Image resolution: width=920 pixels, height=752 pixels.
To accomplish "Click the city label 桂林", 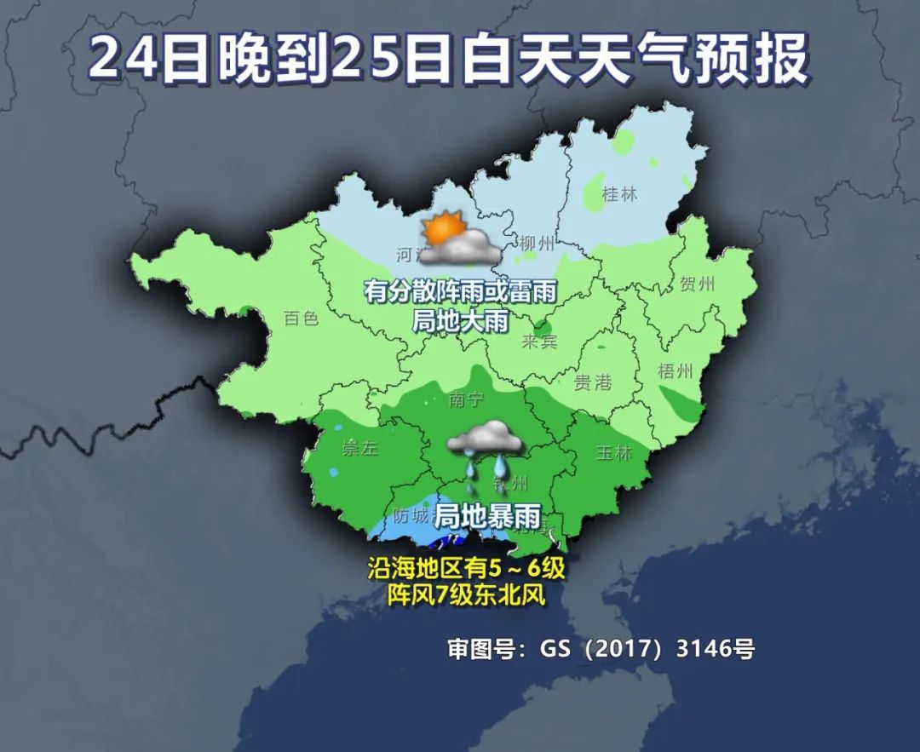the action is (x=619, y=194).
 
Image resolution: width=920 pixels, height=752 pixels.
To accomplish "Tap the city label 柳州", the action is (x=537, y=244).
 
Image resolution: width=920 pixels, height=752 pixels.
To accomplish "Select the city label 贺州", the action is (x=698, y=284).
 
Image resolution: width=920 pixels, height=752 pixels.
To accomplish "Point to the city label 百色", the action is (x=301, y=319).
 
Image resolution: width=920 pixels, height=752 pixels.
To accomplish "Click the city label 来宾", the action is (x=539, y=342).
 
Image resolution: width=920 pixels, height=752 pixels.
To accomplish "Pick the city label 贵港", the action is (x=593, y=382).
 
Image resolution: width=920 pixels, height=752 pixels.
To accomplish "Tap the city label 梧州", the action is (x=676, y=371).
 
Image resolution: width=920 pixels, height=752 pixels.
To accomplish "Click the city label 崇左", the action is (x=359, y=449).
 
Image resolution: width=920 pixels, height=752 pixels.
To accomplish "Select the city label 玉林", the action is (x=613, y=452).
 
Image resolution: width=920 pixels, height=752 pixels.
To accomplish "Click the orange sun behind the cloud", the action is (x=443, y=229).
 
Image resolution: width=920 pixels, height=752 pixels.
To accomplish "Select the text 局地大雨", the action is (x=460, y=321).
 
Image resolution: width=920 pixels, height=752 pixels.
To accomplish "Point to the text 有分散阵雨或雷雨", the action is (x=460, y=292).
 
